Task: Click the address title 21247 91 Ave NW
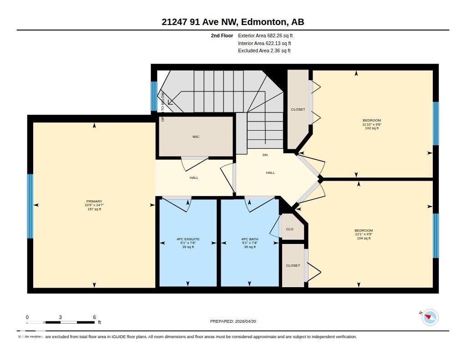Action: click(233, 22)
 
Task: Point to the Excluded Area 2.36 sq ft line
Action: click(264, 51)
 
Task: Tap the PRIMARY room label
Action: click(94, 202)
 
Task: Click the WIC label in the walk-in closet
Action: click(196, 137)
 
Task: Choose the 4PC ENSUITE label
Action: click(188, 239)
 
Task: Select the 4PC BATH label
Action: click(250, 239)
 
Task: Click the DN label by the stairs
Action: click(265, 155)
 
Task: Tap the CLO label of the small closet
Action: click(290, 229)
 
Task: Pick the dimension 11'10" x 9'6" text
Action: click(372, 124)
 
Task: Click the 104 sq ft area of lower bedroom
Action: click(364, 238)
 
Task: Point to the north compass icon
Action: click(430, 317)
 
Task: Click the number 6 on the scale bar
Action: click(94, 317)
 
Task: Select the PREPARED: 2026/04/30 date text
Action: click(236, 321)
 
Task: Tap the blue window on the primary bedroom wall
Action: click(30, 206)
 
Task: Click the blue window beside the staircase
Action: click(154, 96)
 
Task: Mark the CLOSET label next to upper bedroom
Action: click(298, 110)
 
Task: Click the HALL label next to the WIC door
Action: click(194, 178)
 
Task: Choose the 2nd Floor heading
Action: click(222, 35)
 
